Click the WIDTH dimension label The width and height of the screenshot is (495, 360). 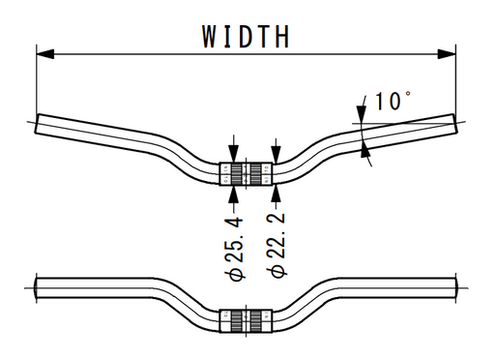(x=246, y=37)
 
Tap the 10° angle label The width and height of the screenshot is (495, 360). (x=393, y=101)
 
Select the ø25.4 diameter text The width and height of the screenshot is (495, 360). (x=234, y=249)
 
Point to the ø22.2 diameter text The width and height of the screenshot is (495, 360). (x=277, y=245)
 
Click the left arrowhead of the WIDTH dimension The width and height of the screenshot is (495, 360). (x=45, y=54)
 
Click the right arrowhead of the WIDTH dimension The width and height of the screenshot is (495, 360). (x=447, y=54)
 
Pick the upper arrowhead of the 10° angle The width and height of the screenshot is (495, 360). (x=362, y=114)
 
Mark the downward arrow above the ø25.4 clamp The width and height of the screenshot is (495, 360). (x=234, y=149)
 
